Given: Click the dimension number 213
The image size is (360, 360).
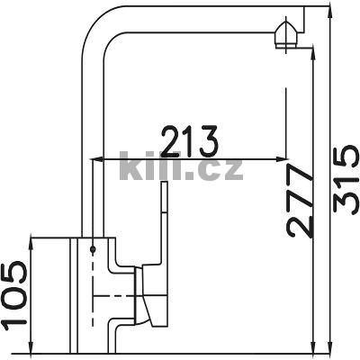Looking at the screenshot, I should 189,140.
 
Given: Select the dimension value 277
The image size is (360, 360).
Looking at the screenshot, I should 301,201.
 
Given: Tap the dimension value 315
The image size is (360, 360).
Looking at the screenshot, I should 345,179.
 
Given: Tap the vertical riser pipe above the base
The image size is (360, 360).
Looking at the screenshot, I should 93,135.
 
